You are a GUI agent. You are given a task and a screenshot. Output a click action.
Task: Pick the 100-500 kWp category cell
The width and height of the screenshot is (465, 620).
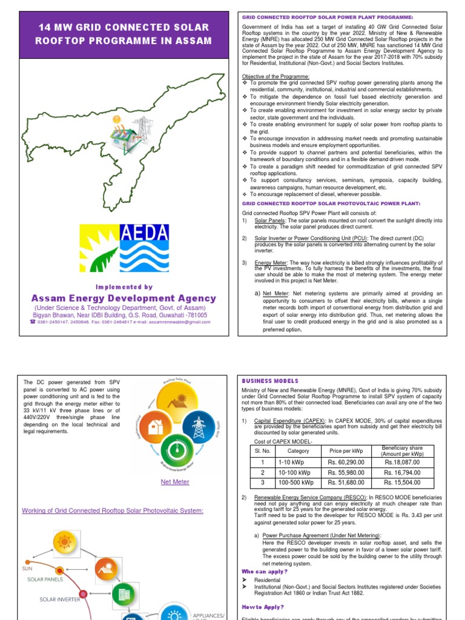(298, 483)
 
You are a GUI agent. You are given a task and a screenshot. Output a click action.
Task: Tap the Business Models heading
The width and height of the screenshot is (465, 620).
(270, 381)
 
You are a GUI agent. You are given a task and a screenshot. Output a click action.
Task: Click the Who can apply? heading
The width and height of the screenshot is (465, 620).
(265, 571)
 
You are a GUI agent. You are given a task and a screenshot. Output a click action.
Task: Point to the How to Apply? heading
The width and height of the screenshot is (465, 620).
(263, 607)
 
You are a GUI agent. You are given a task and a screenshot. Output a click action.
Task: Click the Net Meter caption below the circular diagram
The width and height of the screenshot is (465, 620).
(174, 482)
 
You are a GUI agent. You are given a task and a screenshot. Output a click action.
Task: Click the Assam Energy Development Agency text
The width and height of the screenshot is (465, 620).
(124, 298)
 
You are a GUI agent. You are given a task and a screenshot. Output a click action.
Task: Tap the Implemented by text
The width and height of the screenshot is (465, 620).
(124, 287)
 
